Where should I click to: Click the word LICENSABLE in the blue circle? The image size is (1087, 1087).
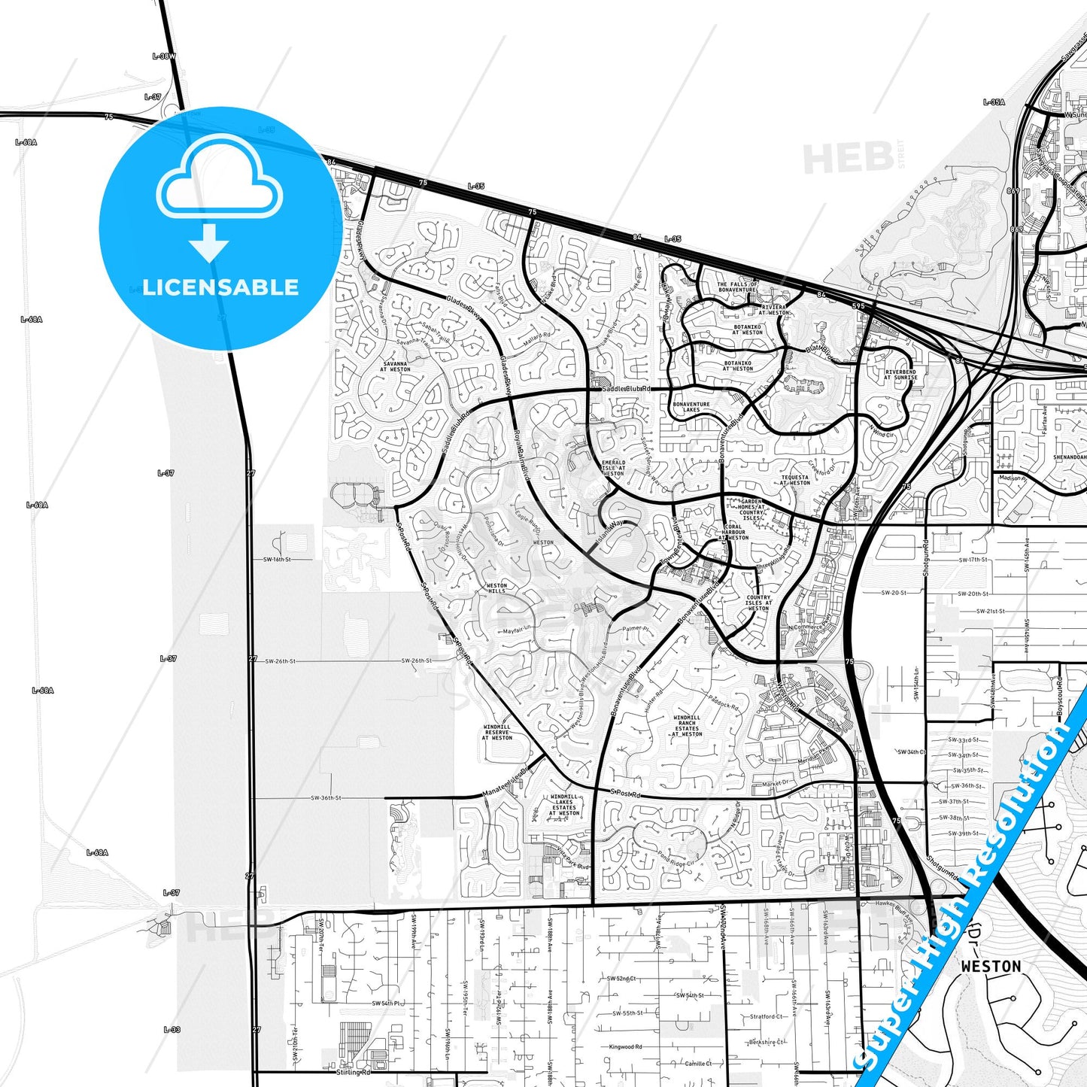[x=220, y=287]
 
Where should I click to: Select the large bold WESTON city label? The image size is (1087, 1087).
[x=991, y=967]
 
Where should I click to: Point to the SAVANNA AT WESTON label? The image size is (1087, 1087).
[x=395, y=366]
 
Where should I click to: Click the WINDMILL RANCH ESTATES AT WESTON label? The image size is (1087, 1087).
[x=687, y=726]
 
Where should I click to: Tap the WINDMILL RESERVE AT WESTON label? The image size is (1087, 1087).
[x=497, y=733]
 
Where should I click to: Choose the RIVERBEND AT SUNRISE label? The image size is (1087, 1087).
[x=900, y=375]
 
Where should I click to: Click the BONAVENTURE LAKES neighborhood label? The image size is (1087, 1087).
[x=691, y=407]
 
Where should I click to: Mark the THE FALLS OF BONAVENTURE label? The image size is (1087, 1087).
[x=736, y=287]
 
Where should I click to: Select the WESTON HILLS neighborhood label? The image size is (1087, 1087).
[x=496, y=588]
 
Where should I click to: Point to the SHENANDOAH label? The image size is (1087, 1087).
[x=1069, y=457]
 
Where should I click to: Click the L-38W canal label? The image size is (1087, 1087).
[x=163, y=56]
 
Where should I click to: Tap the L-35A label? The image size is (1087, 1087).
[x=994, y=102]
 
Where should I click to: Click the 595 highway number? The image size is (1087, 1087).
[x=858, y=306]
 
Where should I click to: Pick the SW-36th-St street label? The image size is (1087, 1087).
[x=326, y=798]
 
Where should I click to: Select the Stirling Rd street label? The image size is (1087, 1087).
[x=354, y=1073]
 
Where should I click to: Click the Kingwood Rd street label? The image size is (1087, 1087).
[x=625, y=1047]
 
